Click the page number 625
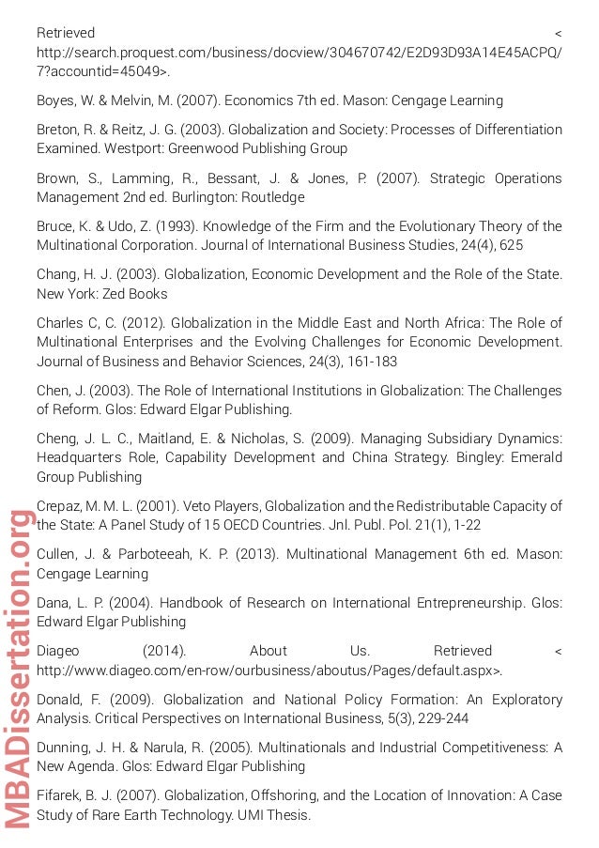512,245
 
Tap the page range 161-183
373,362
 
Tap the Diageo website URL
269,670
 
